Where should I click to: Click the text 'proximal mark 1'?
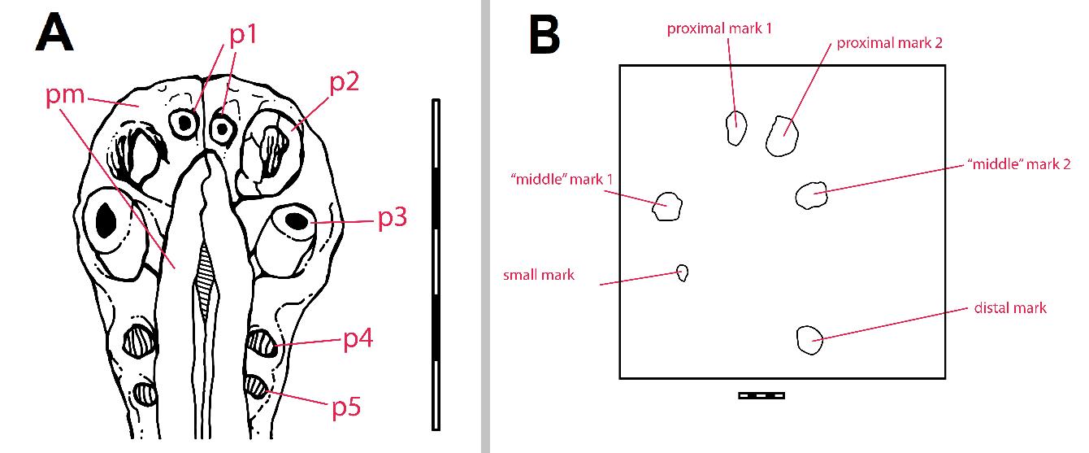(719, 28)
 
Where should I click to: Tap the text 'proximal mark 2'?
(890, 42)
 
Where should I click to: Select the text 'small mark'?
(539, 275)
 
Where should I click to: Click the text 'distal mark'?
(1010, 308)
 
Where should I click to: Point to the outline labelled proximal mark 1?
(735, 128)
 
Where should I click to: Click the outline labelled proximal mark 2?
(782, 135)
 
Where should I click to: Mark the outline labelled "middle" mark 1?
(666, 206)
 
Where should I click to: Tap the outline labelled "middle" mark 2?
(811, 195)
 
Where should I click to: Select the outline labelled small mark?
(683, 272)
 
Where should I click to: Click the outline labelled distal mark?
(809, 340)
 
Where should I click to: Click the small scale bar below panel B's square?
(761, 395)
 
